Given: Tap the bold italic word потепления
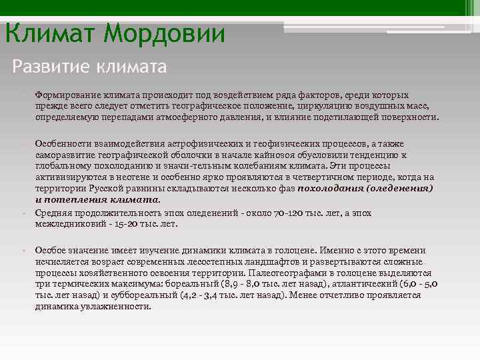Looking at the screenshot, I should pyautogui.click(x=71, y=199).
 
